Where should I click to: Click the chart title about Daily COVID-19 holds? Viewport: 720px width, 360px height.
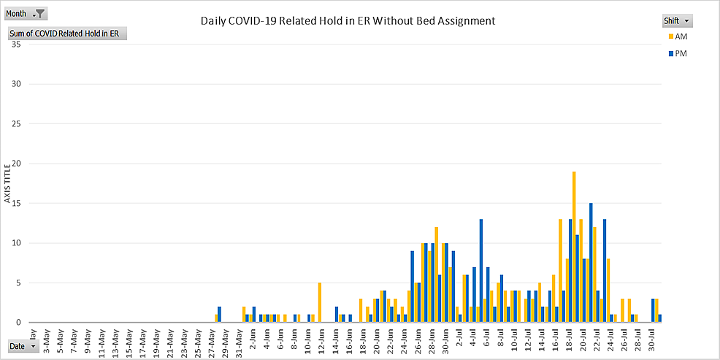348,20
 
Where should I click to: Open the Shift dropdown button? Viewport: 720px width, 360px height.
677,20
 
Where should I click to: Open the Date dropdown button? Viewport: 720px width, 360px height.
23,347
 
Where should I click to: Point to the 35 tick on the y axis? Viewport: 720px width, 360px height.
16,45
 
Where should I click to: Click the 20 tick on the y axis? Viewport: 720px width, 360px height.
16,164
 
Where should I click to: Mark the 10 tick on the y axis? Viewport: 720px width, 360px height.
16,243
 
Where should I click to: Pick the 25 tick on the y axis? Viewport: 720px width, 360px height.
16,124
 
